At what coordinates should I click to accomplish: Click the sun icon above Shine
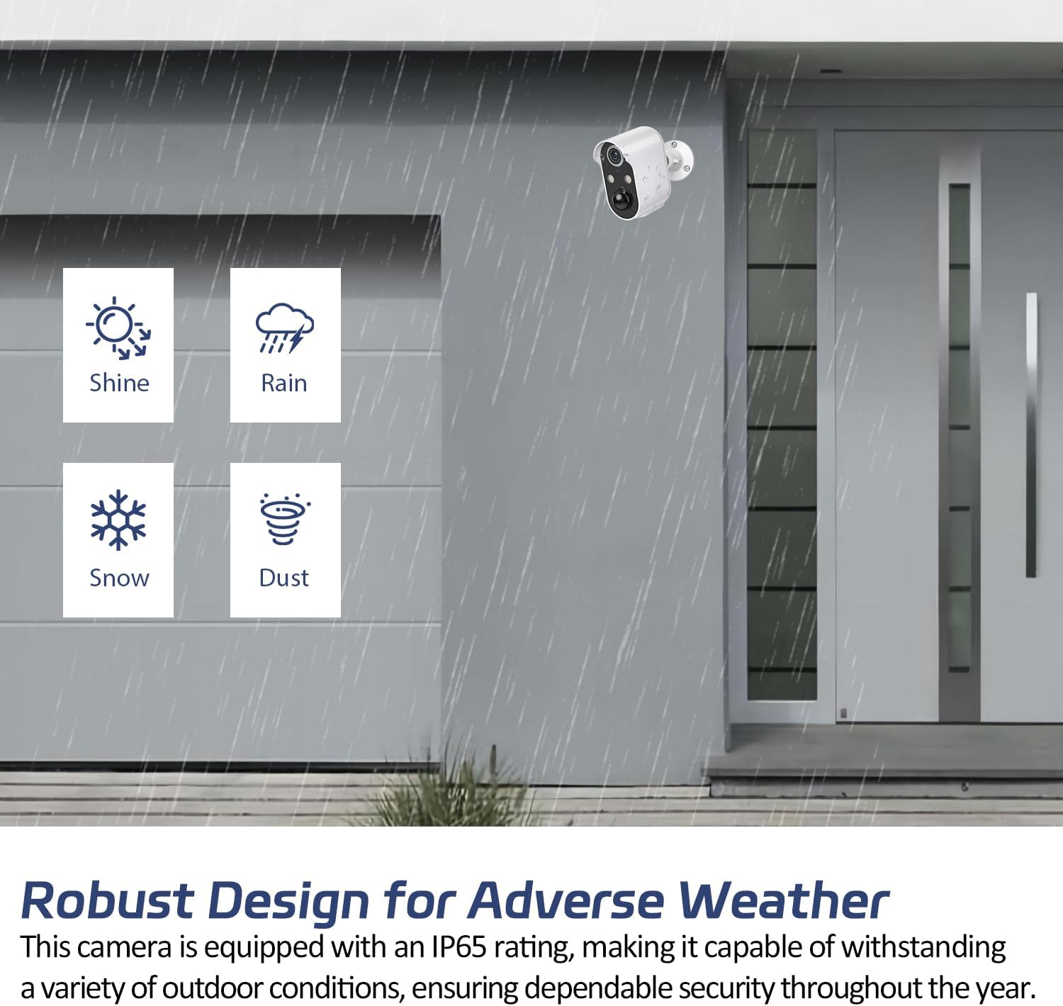(x=118, y=328)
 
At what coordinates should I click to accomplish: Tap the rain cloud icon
(x=284, y=328)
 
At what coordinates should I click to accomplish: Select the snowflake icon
(x=118, y=520)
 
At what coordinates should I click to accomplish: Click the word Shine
(x=119, y=383)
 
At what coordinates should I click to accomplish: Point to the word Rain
(x=284, y=383)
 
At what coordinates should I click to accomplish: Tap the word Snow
(x=119, y=579)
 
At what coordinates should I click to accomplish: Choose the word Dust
(x=284, y=579)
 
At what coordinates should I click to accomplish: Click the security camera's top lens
(x=614, y=156)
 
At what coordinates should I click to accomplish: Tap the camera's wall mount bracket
(x=679, y=159)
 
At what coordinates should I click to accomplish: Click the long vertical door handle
(x=1031, y=435)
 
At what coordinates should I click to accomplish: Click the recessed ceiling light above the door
(x=831, y=71)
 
